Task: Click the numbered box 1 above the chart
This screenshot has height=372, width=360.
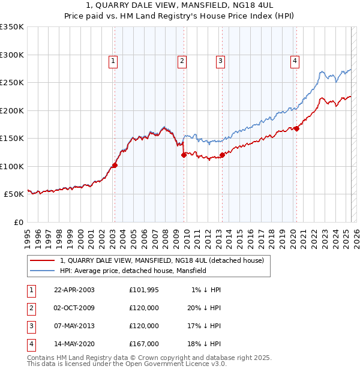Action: click(113, 60)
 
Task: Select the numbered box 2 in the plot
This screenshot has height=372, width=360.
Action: click(181, 60)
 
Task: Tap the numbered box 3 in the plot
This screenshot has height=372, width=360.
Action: click(220, 60)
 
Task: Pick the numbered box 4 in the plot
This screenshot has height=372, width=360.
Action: click(295, 60)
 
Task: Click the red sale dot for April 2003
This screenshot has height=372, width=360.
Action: click(115, 166)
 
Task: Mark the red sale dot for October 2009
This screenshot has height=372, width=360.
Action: click(184, 155)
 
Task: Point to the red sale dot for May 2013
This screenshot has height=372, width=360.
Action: click(222, 155)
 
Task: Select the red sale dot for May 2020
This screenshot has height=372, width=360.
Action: click(296, 128)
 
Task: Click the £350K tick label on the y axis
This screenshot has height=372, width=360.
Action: click(12, 27)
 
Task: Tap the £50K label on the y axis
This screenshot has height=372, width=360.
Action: click(14, 194)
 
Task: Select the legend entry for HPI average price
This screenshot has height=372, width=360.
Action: click(133, 271)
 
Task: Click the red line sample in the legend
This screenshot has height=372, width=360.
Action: click(43, 260)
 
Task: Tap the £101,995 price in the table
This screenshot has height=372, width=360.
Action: click(144, 290)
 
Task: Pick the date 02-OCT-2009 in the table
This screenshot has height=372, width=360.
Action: click(74, 308)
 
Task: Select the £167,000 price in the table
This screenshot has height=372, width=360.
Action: click(144, 344)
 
